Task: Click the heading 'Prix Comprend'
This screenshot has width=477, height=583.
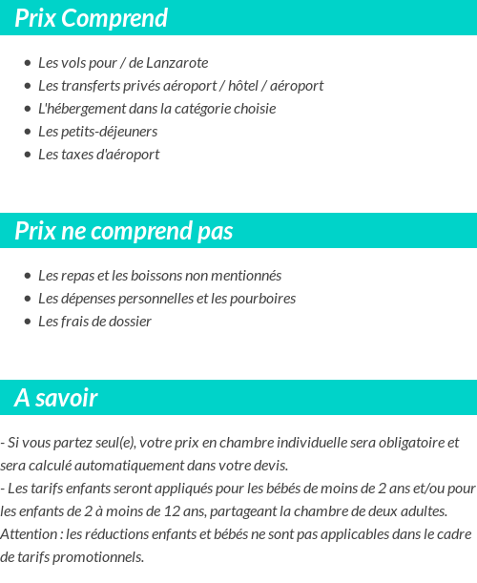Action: point(91,18)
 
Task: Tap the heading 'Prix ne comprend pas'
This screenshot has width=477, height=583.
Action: point(124,231)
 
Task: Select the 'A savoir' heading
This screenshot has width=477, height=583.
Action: point(56,398)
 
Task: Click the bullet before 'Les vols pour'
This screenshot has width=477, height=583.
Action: point(28,63)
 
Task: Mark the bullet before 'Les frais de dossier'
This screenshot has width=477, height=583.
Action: point(28,322)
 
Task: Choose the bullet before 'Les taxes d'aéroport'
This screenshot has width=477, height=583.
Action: point(28,155)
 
